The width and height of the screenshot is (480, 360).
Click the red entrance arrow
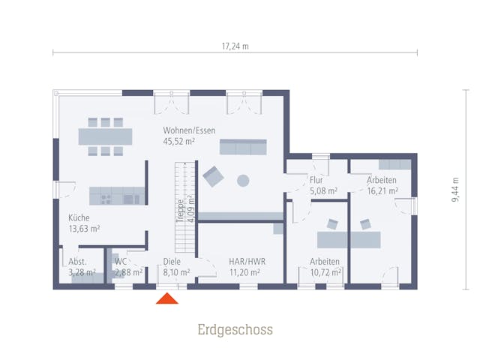click(167, 298)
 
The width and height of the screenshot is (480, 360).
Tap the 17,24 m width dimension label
click(235, 46)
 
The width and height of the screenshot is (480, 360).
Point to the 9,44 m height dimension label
click(455, 190)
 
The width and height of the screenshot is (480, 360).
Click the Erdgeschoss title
click(235, 330)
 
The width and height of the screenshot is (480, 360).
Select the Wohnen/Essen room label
click(189, 130)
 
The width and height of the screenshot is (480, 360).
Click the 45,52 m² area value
click(179, 142)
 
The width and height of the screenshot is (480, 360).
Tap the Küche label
click(79, 217)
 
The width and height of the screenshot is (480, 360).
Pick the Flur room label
click(316, 180)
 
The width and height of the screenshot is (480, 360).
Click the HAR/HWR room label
click(247, 262)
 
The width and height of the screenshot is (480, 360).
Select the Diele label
click(172, 262)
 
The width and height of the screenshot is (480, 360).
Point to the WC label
click(121, 262)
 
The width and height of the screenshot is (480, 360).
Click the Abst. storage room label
click(77, 262)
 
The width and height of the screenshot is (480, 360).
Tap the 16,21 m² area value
click(382, 191)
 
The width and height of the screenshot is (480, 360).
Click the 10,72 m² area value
click(325, 272)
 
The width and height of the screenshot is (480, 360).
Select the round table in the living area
click(243, 181)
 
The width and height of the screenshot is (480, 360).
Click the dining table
click(105, 136)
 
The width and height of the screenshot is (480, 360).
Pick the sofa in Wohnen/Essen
click(243, 147)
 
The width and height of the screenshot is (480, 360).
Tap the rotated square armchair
click(213, 177)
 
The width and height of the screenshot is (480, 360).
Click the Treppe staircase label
click(180, 211)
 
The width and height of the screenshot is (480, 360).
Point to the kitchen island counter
click(117, 196)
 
